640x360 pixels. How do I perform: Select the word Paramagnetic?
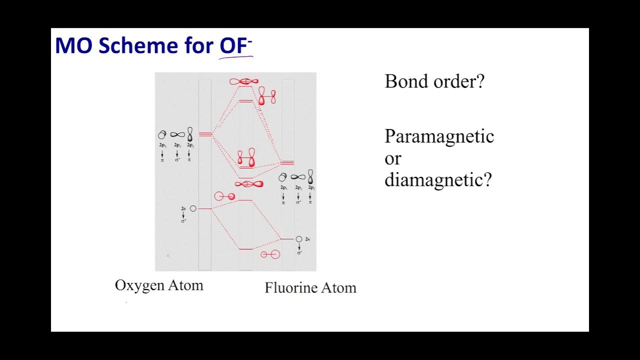tap(439, 136)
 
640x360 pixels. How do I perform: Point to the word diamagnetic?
tap(438, 179)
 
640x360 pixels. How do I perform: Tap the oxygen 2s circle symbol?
tap(193, 208)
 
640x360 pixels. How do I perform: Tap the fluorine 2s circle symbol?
tap(299, 239)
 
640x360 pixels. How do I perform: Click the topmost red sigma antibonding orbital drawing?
tap(244, 81)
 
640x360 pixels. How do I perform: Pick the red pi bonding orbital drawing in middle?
tap(246, 158)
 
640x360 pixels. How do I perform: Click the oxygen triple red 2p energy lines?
tap(205, 134)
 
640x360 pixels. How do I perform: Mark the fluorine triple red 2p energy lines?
tap(287, 163)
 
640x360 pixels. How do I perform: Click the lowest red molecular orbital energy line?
tap(245, 248)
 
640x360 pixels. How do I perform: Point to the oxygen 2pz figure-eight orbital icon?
tap(177, 134)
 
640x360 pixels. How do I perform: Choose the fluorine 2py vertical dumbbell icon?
tap(310, 176)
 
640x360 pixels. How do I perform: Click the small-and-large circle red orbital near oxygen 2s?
tap(224, 196)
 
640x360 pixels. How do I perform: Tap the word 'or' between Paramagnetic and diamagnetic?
tap(393, 158)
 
